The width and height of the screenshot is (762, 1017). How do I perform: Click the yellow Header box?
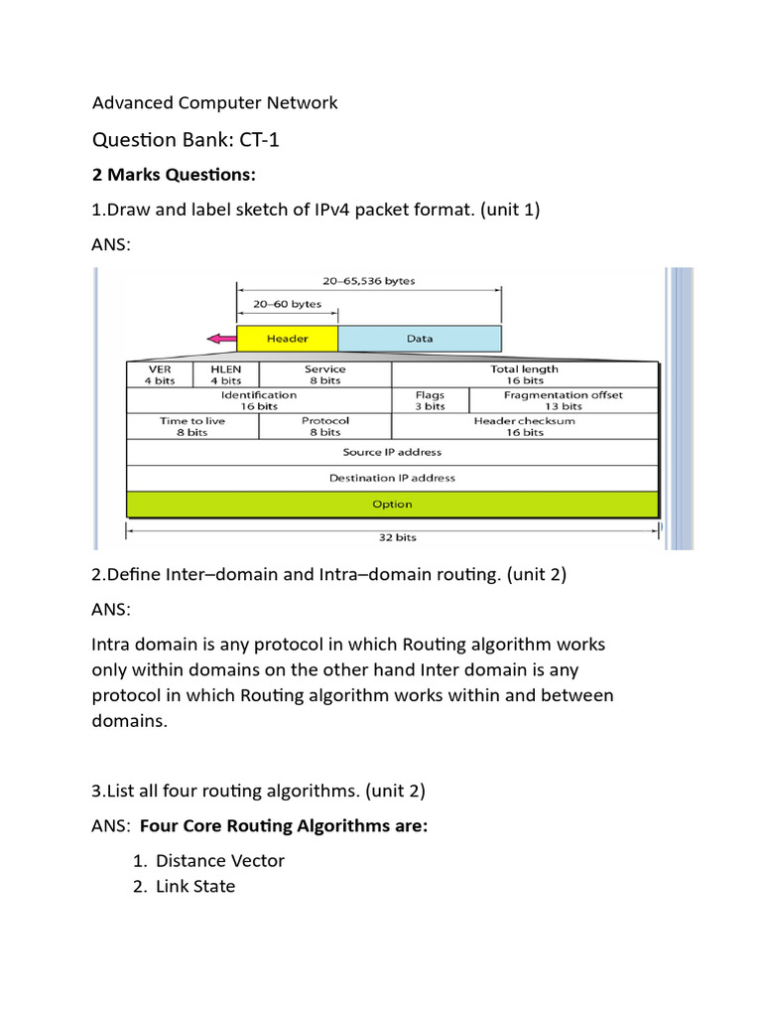point(287,339)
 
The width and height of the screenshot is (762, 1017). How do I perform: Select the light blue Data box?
point(420,339)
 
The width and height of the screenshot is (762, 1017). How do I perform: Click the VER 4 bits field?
point(160,374)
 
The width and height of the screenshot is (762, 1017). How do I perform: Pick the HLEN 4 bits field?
point(225,374)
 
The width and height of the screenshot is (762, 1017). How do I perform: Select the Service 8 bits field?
point(324,374)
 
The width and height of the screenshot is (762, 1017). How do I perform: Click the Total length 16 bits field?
point(524,374)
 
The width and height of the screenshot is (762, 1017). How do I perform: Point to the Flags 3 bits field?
point(430,400)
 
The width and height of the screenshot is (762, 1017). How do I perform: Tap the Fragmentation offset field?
point(563,400)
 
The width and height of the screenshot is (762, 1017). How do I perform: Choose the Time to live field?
point(192,426)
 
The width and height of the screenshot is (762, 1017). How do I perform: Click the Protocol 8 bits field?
point(324,426)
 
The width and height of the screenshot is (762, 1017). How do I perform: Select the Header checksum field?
point(524,426)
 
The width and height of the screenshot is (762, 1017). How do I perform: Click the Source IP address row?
point(392,452)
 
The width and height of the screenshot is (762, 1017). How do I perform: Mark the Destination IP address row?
point(392,478)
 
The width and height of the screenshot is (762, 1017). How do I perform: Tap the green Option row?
point(392,504)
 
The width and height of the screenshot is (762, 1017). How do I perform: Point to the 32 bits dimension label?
point(392,536)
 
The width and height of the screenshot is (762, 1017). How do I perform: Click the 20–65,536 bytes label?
point(368,281)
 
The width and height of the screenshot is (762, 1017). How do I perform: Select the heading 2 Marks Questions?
point(174,176)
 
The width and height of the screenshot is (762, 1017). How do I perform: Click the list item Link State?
point(195,886)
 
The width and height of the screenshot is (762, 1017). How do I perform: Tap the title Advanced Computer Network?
point(214,103)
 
